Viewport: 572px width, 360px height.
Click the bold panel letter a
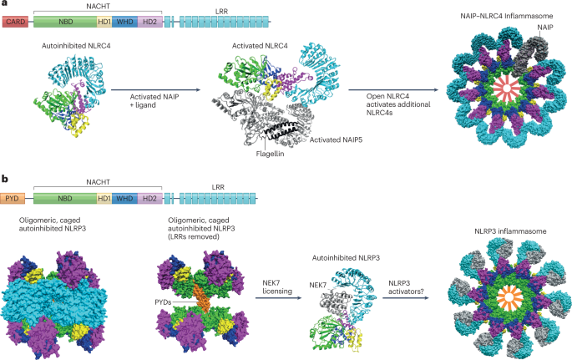(x=5, y=5)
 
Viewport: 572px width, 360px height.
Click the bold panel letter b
(x=5, y=180)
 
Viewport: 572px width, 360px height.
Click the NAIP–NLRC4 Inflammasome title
(x=501, y=16)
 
